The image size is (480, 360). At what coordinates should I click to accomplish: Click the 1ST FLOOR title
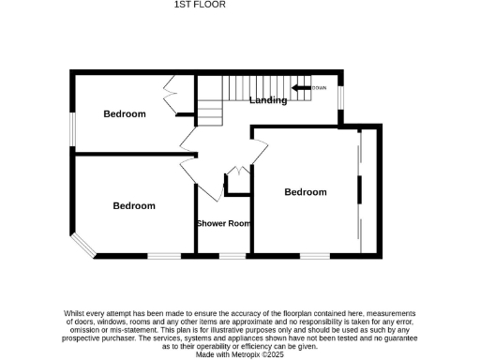click(194, 6)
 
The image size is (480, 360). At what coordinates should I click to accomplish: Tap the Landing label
click(268, 100)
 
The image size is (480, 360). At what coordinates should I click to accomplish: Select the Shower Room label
click(223, 223)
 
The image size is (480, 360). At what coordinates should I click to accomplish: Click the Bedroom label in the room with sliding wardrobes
click(306, 192)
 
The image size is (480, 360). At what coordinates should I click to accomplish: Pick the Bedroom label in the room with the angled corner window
click(134, 205)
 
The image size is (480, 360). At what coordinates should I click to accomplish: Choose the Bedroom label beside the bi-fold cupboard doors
click(125, 114)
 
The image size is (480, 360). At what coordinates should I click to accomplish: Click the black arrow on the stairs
click(302, 88)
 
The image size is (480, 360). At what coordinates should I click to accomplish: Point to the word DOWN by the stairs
click(320, 88)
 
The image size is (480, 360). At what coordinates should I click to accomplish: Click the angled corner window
click(82, 246)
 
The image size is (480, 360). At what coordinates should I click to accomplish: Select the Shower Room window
click(232, 255)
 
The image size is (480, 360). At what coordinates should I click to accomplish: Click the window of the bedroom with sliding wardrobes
click(314, 255)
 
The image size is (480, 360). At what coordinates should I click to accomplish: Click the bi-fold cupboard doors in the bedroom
click(171, 98)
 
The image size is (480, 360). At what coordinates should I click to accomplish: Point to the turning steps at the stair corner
click(210, 112)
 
